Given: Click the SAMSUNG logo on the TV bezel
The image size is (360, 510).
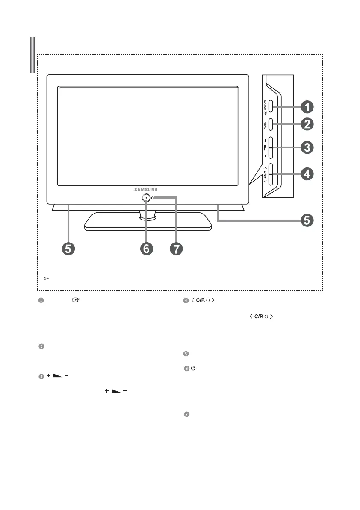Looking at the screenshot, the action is [147, 189].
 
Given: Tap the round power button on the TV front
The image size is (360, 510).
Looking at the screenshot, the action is [146, 198].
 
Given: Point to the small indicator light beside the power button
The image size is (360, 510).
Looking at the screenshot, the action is [152, 198].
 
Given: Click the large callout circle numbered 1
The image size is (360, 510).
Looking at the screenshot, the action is [307, 106].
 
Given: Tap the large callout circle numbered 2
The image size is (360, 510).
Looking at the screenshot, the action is [307, 124].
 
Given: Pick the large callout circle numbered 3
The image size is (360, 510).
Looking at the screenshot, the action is [307, 148].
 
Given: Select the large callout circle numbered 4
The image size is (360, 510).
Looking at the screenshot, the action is [307, 174].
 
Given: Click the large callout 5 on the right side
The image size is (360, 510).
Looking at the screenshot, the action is [307, 220].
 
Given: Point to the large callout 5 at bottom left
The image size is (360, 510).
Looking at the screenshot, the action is [68, 249].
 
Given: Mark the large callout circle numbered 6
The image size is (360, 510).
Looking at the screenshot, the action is [146, 249].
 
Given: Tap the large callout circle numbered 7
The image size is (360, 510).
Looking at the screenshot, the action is [175, 249].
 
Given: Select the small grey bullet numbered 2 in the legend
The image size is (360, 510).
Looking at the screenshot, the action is [41, 346].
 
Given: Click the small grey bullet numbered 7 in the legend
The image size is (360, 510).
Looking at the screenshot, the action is [186, 415].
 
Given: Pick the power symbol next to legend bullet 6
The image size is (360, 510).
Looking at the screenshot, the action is [192, 369].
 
